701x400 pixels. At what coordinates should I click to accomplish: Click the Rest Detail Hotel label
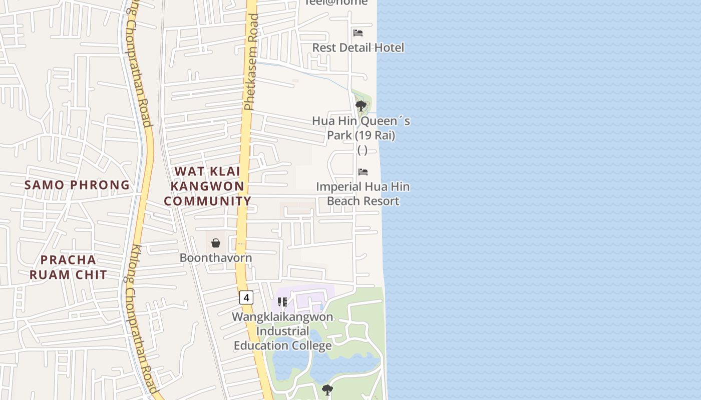coord(358,47)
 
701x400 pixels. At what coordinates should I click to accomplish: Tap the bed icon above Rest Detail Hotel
coord(358,33)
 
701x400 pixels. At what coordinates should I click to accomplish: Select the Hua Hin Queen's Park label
coord(361,128)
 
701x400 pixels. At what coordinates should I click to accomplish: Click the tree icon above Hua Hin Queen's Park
coord(361,106)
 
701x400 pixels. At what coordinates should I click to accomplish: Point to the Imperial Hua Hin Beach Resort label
coord(363,194)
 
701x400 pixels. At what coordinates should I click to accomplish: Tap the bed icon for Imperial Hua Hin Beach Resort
coord(363,172)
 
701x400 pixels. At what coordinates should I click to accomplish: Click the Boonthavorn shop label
coord(216,258)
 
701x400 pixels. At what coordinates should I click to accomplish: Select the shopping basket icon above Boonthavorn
coord(216,243)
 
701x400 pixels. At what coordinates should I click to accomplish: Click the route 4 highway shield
coord(246,297)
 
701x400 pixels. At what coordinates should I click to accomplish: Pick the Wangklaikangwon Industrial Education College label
coord(283,331)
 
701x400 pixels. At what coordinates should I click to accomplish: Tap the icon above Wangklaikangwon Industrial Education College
coord(282,302)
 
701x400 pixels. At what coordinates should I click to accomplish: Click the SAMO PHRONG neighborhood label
coord(77,185)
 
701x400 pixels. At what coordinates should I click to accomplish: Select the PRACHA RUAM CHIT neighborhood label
coord(68,267)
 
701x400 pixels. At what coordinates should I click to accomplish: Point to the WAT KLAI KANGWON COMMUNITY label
coord(207,186)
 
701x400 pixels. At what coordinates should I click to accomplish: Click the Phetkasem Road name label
coord(251,62)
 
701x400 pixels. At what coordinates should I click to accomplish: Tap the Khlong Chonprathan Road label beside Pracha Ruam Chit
coord(141,320)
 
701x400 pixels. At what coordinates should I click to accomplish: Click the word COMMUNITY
coord(207,201)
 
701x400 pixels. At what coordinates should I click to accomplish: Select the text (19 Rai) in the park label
coord(376,135)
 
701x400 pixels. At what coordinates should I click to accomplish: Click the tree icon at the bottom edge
coord(327,390)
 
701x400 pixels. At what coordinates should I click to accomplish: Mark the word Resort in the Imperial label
coord(382,201)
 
